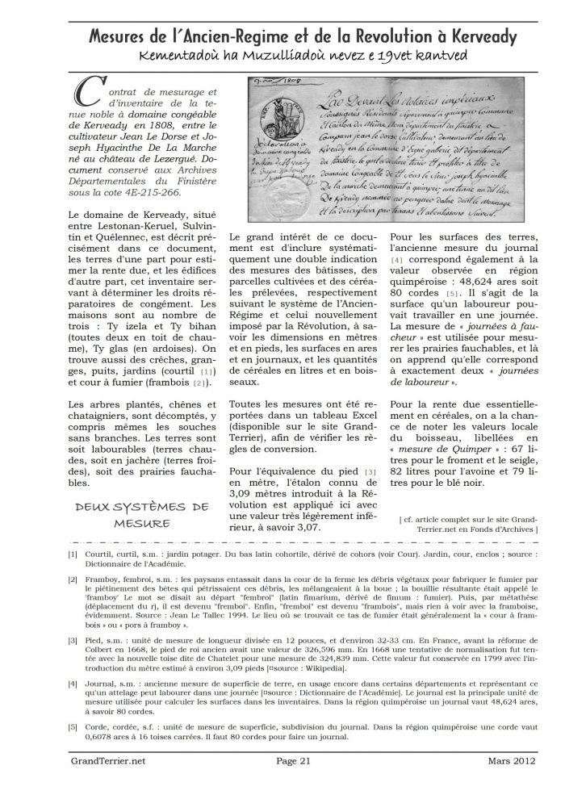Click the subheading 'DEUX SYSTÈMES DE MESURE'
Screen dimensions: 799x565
tap(142, 515)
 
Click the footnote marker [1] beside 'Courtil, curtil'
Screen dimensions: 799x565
tap(73, 554)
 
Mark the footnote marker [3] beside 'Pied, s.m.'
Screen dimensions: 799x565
tap(73, 641)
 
